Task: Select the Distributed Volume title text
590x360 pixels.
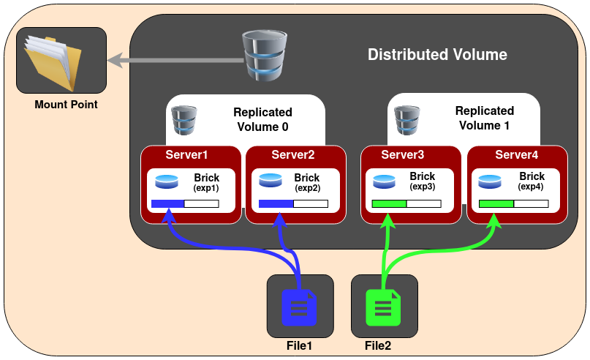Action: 436,55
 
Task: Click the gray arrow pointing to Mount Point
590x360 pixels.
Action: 175,61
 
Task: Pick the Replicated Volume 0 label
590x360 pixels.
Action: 262,119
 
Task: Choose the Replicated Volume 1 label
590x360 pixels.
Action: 484,118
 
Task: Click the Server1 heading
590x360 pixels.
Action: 186,154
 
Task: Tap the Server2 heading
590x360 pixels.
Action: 292,154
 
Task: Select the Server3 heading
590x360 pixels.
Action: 403,154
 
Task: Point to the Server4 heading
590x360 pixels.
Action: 516,154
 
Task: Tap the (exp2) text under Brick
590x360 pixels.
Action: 306,188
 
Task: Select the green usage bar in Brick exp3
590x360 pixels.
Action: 389,204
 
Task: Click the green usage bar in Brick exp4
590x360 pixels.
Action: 496,204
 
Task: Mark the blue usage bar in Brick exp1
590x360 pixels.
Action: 167,204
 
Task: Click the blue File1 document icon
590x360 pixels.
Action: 300,307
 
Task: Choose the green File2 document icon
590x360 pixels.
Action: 384,307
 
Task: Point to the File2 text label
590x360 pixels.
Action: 378,345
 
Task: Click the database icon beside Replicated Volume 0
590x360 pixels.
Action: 184,121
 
